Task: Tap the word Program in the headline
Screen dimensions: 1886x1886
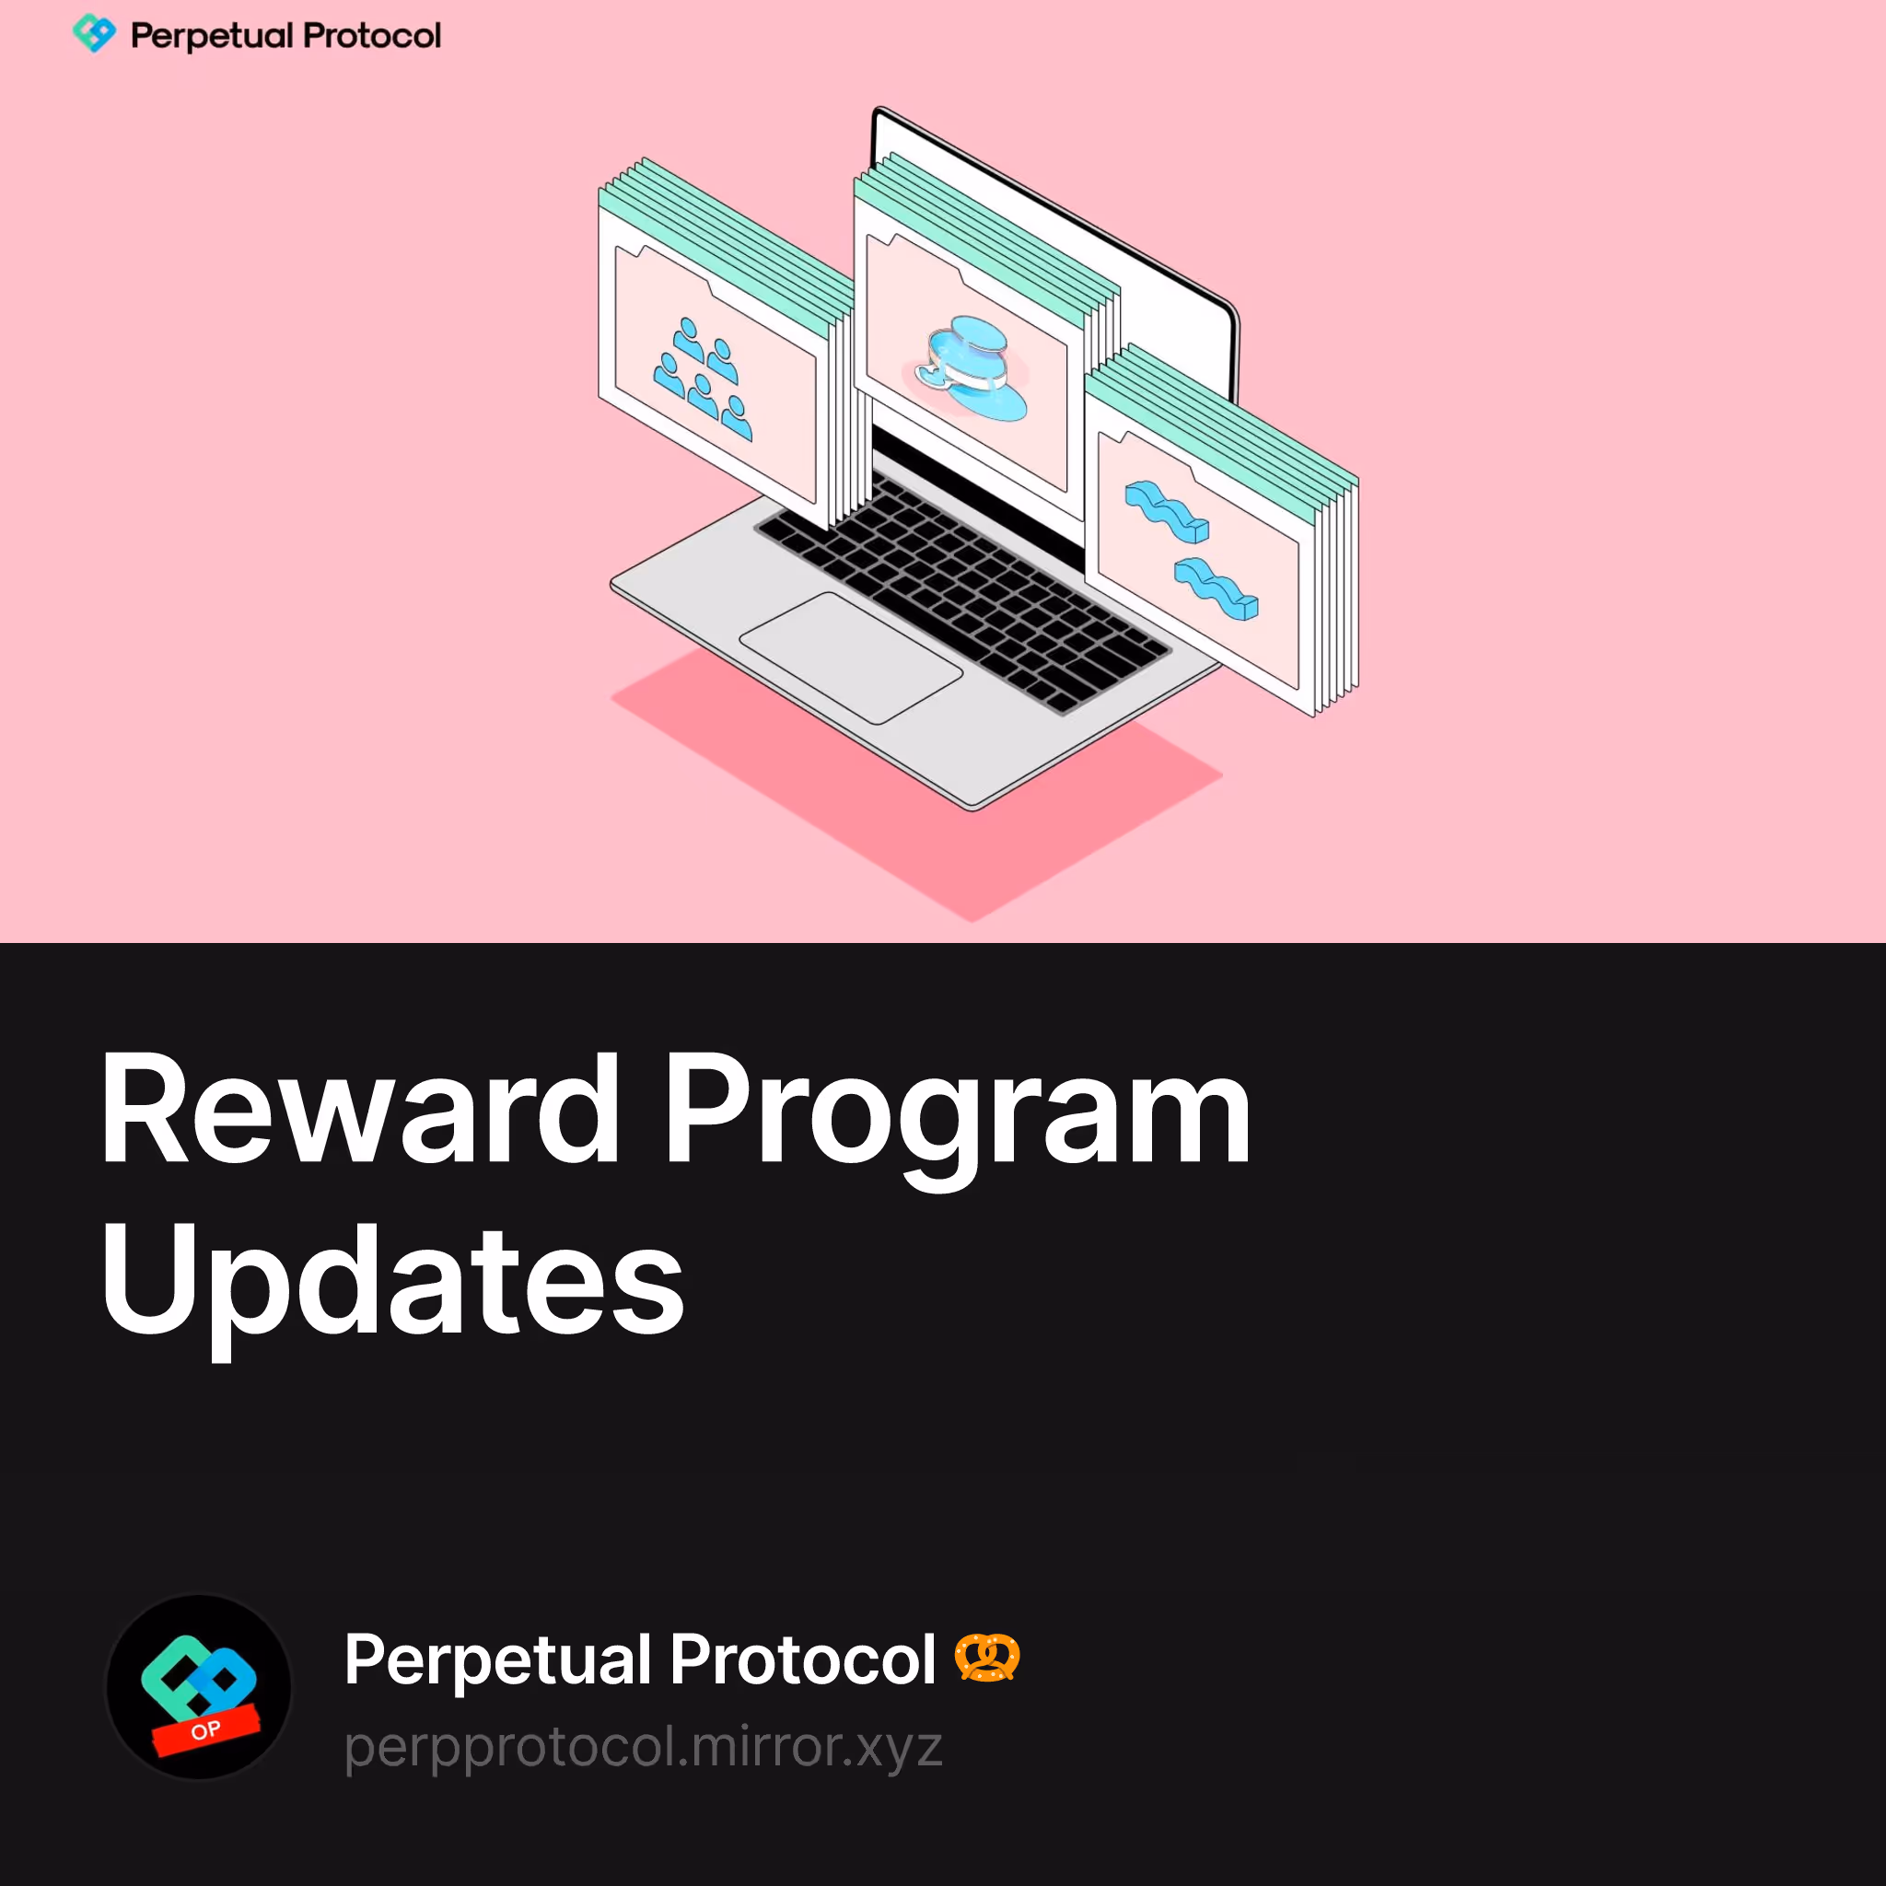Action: tap(959, 1122)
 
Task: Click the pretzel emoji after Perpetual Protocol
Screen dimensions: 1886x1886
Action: tap(987, 1658)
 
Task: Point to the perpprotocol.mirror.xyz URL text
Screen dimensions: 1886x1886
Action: tap(644, 1746)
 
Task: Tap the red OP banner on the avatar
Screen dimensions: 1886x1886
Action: tap(206, 1730)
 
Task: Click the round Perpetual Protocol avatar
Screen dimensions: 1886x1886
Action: tap(199, 1686)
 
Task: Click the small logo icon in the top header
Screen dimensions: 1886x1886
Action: tap(95, 34)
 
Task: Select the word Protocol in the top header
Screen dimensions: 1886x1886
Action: tap(372, 36)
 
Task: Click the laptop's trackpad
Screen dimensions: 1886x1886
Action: tap(851, 657)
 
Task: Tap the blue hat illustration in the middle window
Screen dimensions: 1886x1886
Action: tap(972, 368)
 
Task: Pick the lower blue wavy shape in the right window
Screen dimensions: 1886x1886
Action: tap(1216, 588)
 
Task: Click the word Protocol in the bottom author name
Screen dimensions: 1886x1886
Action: tap(803, 1659)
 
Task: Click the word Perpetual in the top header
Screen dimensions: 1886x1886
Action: tap(212, 37)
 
